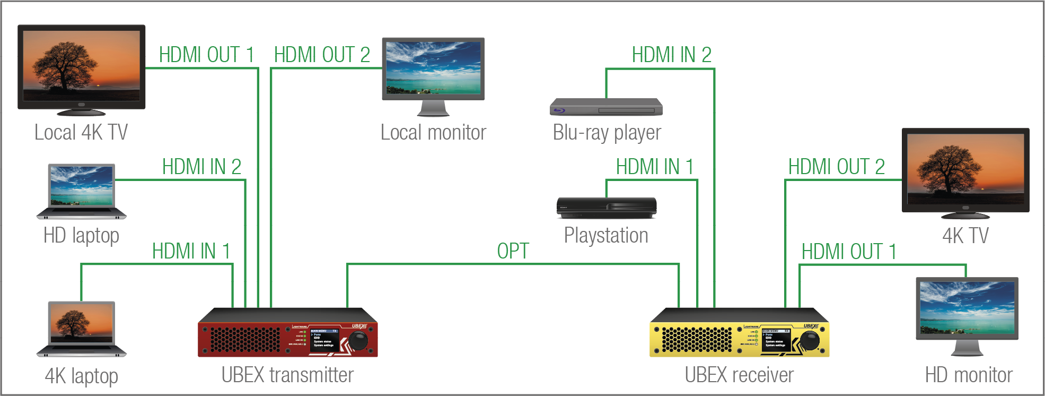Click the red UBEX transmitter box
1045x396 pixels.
(287, 333)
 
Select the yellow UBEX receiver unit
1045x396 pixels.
(739, 333)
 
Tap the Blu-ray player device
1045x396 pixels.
(606, 107)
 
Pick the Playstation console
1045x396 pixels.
(607, 208)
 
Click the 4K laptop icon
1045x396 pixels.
(82, 329)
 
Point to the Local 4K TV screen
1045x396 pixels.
(82, 66)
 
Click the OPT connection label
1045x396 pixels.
(513, 251)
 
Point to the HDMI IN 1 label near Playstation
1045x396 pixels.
(654, 167)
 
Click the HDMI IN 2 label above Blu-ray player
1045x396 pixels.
(671, 55)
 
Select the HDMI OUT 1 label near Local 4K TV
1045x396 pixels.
(207, 55)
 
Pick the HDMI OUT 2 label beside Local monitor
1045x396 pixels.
(322, 55)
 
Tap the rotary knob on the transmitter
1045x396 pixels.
(358, 340)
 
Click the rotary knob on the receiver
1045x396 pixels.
(810, 340)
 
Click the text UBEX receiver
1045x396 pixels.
(739, 375)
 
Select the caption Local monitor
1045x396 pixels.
(433, 133)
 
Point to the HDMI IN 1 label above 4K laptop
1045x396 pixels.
(191, 251)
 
